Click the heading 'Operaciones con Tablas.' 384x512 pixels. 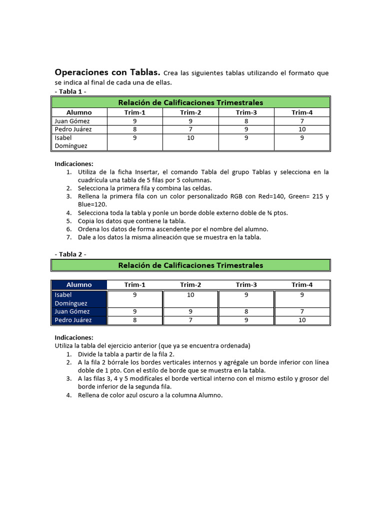point(107,72)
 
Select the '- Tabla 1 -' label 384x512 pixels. point(70,91)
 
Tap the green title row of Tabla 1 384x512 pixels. point(190,102)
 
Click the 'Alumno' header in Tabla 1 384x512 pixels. point(79,112)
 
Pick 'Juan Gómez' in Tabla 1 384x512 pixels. point(72,121)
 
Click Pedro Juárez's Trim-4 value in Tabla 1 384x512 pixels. point(302,129)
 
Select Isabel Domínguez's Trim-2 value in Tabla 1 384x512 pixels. point(190,138)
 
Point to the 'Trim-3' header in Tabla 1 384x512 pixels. point(246,112)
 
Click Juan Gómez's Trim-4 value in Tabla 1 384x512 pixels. point(302,121)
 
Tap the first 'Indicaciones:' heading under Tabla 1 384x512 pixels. point(73,164)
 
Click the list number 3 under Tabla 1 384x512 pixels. point(68,196)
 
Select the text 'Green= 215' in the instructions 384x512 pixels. point(306,196)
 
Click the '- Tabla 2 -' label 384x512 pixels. point(70,254)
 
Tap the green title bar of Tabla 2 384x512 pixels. point(190,265)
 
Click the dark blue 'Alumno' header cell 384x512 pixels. point(79,285)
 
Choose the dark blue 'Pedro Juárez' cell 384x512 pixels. point(73,320)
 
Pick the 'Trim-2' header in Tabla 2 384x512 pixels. point(190,285)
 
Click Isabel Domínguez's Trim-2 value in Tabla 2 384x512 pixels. point(190,295)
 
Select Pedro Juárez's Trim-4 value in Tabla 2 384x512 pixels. point(302,320)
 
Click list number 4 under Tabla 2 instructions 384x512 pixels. point(68,395)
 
